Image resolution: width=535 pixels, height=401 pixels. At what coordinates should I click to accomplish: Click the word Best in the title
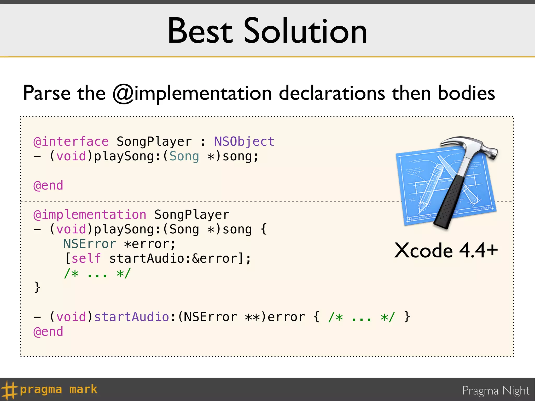(x=200, y=31)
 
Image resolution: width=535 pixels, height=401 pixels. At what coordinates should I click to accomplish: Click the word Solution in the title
(x=305, y=31)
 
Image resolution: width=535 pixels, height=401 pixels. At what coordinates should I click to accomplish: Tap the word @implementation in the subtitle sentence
(x=192, y=93)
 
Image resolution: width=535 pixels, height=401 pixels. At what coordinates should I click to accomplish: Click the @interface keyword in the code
(x=71, y=142)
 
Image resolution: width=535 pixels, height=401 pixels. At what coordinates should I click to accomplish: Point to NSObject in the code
(x=244, y=142)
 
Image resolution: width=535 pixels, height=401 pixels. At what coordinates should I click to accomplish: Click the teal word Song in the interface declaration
(x=184, y=156)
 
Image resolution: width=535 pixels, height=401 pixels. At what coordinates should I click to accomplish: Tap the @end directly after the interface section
(x=48, y=186)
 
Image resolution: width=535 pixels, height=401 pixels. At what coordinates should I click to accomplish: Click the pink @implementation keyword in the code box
(x=90, y=215)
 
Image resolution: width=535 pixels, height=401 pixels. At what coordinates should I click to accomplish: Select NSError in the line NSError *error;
(x=90, y=244)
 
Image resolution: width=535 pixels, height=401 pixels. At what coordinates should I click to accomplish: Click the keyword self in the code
(x=86, y=259)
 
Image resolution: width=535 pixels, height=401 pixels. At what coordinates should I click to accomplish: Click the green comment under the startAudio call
(x=97, y=273)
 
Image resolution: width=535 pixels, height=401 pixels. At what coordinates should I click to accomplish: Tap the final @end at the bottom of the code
(x=48, y=332)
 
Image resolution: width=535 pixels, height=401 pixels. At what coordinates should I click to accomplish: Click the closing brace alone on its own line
(x=37, y=287)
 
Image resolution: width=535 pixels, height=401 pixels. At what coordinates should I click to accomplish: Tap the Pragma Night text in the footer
(x=496, y=391)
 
